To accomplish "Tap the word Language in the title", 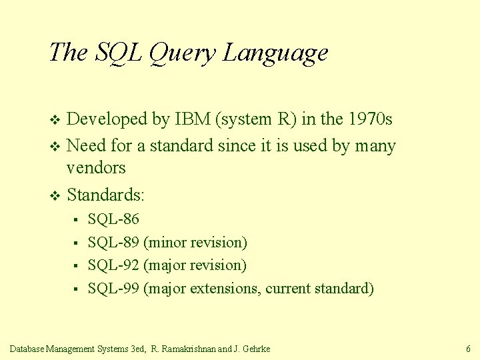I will click(x=275, y=53).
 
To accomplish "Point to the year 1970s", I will click(x=368, y=119).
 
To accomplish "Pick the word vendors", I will click(x=96, y=167).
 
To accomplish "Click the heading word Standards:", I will click(x=106, y=195).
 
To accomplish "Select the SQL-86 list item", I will click(x=113, y=219).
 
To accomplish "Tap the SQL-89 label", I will click(x=113, y=243).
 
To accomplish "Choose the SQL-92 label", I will click(x=113, y=265).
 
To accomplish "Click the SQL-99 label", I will click(x=113, y=289).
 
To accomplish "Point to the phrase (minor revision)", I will click(x=195, y=243).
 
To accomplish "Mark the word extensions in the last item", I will click(x=225, y=289).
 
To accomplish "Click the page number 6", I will click(x=468, y=349).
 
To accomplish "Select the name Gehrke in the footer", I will click(x=256, y=349).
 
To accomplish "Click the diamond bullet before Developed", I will click(x=55, y=121).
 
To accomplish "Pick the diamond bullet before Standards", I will click(x=55, y=196).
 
